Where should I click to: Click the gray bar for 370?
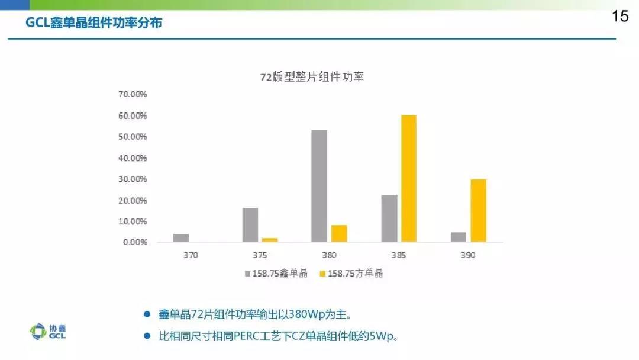(x=181, y=237)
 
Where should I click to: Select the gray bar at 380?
(x=319, y=185)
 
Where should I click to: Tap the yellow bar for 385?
(x=409, y=178)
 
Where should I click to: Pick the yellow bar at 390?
(x=478, y=210)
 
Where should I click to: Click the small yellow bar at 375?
(x=270, y=240)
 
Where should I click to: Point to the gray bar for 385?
(x=389, y=218)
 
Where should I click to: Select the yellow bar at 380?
(x=339, y=233)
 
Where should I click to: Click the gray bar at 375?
(x=250, y=224)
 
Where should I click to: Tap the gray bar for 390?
(x=459, y=237)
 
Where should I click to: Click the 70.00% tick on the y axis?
(x=133, y=94)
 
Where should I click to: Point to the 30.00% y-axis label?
(x=133, y=179)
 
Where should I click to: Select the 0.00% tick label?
(x=135, y=242)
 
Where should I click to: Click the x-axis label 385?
(x=399, y=255)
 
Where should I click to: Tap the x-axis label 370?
(x=191, y=255)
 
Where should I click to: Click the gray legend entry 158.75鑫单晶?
(x=276, y=274)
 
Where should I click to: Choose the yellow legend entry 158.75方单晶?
(x=351, y=274)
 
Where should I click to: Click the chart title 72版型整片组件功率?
(x=312, y=77)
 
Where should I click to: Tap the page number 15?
(x=620, y=17)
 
